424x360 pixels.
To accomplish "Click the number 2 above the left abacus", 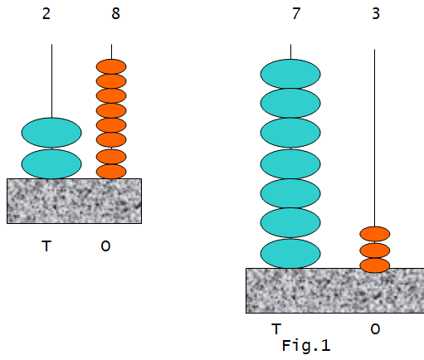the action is click(x=46, y=13).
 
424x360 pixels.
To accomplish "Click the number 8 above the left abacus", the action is click(x=116, y=13).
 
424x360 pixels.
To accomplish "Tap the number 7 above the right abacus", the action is click(x=296, y=13).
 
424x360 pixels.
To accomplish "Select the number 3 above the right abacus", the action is click(x=376, y=13).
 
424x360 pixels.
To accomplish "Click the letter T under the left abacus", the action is click(x=46, y=246).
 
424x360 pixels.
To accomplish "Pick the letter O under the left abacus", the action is click(x=105, y=246).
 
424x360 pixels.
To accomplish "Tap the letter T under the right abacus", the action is click(x=276, y=328).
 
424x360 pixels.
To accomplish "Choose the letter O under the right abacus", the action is click(x=375, y=329).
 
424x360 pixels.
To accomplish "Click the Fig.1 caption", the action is click(x=306, y=346).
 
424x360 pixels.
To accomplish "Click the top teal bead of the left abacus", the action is click(x=51, y=133).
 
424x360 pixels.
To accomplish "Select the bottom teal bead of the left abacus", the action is click(x=51, y=164).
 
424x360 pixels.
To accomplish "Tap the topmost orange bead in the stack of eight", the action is click(x=111, y=66).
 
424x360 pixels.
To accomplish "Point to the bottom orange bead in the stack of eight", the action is click(x=111, y=172).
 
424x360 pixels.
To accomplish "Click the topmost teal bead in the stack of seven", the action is click(x=290, y=74).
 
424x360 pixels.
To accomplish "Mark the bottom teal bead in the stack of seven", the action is click(x=290, y=254).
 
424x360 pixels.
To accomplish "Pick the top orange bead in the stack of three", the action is click(x=375, y=234).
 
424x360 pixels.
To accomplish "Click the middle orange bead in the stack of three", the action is click(x=375, y=251).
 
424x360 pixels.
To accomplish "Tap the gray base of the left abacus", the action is click(x=74, y=201).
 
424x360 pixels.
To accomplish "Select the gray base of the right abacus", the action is click(x=335, y=290).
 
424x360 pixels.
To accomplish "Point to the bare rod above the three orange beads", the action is click(x=375, y=138).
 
